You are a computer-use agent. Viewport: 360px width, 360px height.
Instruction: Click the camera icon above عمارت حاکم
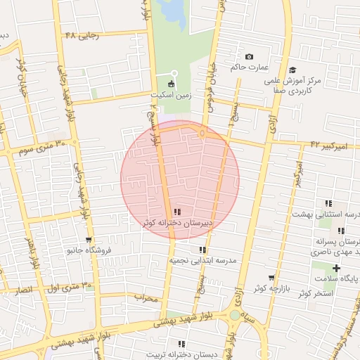click(249, 57)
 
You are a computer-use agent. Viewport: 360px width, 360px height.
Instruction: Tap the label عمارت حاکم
click(249, 67)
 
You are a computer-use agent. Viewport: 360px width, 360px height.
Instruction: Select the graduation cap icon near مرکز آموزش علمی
click(292, 70)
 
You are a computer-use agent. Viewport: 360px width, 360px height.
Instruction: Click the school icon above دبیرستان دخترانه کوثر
click(177, 212)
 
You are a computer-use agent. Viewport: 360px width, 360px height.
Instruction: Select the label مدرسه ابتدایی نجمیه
click(202, 260)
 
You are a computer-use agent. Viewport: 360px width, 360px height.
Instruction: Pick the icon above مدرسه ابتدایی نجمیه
click(202, 250)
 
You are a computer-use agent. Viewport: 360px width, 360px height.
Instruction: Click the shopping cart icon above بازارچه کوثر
click(271, 278)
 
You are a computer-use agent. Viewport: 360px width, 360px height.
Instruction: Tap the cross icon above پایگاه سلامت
click(336, 268)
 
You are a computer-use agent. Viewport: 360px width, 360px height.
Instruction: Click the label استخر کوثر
click(314, 292)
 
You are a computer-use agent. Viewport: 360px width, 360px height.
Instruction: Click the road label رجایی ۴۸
click(80, 35)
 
